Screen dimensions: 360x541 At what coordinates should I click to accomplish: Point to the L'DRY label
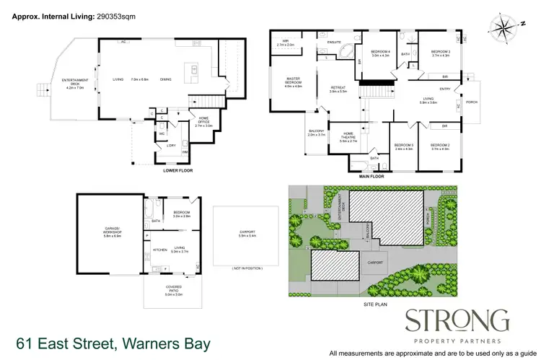(x=171, y=145)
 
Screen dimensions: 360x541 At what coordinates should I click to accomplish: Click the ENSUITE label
(x=333, y=43)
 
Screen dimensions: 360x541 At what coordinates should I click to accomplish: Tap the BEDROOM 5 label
(x=403, y=146)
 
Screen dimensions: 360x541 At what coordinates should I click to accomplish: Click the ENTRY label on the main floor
(x=445, y=89)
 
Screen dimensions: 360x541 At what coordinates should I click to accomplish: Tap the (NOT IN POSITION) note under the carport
(x=247, y=268)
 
